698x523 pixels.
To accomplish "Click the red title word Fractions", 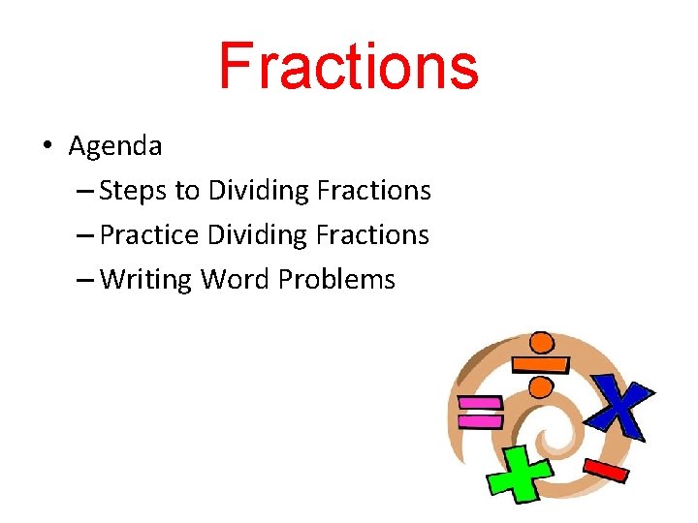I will [x=348, y=66].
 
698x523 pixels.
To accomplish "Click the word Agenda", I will [x=115, y=146].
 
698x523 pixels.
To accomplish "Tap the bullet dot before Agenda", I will [x=46, y=147].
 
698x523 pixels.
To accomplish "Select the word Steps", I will [x=134, y=191].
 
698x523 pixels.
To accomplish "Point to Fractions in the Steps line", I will [x=373, y=191].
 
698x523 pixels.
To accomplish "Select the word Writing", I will [x=146, y=280].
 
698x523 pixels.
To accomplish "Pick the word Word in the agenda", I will [x=235, y=280].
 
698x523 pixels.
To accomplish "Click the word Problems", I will [x=336, y=280].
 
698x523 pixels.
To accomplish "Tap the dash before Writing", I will [x=84, y=281].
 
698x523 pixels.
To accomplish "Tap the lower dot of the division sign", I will [x=538, y=387].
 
